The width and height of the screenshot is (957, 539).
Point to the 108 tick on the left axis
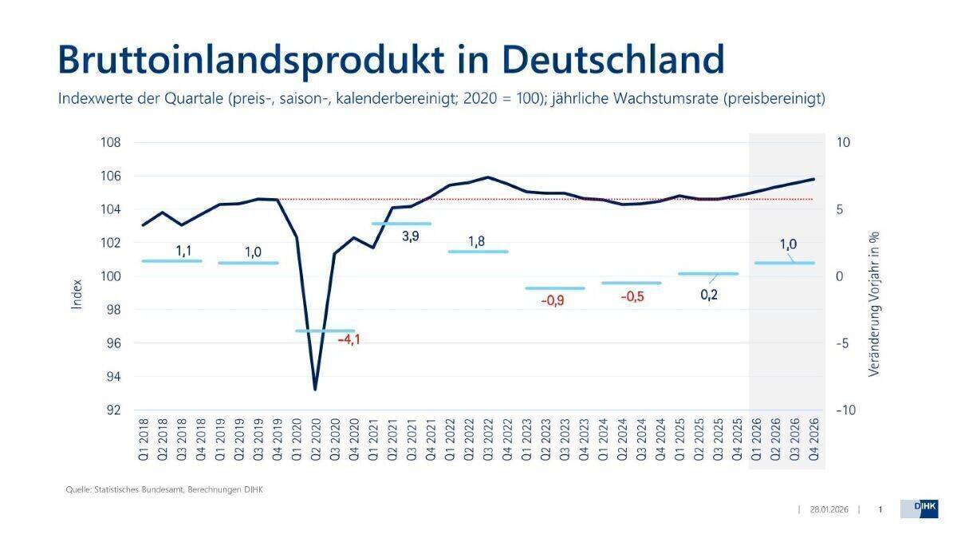[x=110, y=143]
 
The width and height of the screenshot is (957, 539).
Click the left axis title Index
[x=77, y=294]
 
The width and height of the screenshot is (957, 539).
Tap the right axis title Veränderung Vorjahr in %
[x=873, y=304]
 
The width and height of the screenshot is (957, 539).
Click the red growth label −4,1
[x=349, y=340]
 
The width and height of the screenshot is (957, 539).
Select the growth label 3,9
[x=410, y=237]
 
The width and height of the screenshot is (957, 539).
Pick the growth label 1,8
[x=477, y=241]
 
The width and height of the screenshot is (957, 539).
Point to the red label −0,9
[x=553, y=301]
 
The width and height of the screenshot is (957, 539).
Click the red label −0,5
[x=632, y=296]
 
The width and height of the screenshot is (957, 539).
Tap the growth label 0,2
[x=709, y=295]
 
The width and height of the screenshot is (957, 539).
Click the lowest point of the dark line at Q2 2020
[x=315, y=389]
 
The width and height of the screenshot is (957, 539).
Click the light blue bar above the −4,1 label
[x=325, y=331]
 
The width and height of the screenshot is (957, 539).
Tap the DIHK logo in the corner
[x=919, y=509]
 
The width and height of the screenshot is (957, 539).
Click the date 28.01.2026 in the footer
[x=829, y=509]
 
